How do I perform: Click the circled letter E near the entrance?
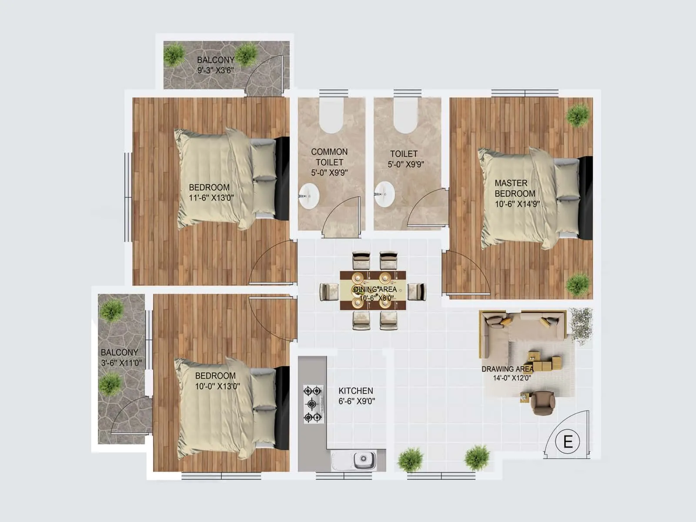[x=568, y=442]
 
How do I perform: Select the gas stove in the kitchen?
[x=313, y=404]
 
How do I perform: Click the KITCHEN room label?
[x=356, y=391]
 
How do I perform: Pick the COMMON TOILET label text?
[x=329, y=157]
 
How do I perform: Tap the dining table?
[x=373, y=290]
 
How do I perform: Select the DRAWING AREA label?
[x=507, y=369]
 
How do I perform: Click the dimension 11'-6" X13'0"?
[x=211, y=198]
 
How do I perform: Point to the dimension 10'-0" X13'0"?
[x=217, y=386]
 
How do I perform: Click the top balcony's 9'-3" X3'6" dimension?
[x=216, y=70]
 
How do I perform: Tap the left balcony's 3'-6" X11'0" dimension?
[x=121, y=363]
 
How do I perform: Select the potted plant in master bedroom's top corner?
[x=578, y=115]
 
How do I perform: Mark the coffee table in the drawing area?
[x=546, y=362]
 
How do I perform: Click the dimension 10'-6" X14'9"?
[x=517, y=204]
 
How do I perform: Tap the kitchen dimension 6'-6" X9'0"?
[x=357, y=402]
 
